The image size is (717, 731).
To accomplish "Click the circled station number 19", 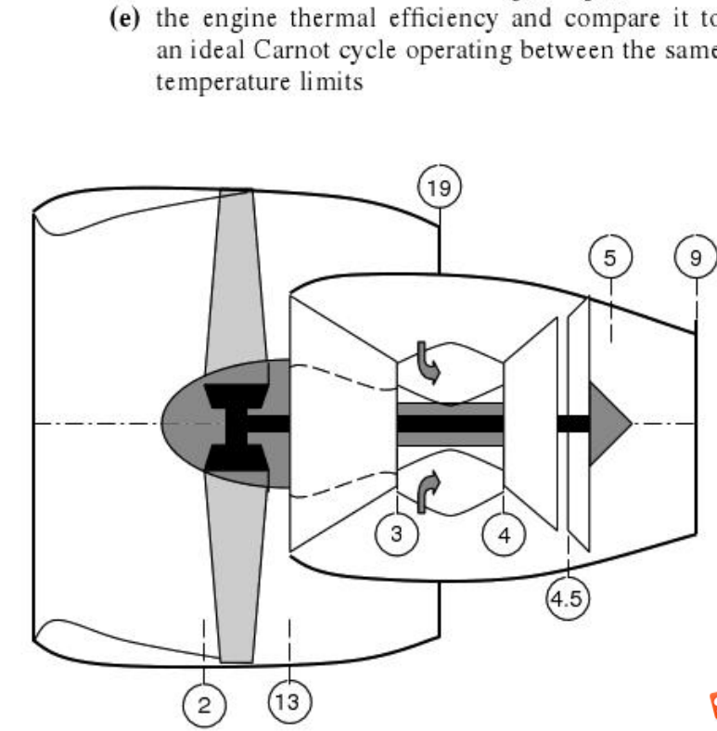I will [439, 189].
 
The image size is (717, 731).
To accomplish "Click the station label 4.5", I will [566, 598].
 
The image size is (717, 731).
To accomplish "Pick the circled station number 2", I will [203, 703].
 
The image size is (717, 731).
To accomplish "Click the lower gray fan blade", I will [234, 575].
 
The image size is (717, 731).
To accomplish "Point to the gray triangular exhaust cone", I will [607, 422].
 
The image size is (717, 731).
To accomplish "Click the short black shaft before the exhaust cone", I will [572, 423].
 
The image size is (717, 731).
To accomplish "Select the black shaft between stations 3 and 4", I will [450, 423].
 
